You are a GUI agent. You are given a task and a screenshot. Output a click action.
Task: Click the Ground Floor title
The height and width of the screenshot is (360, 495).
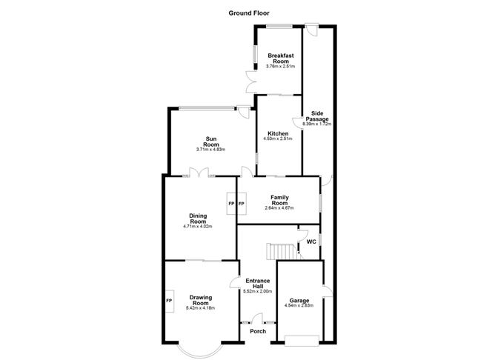(249, 13)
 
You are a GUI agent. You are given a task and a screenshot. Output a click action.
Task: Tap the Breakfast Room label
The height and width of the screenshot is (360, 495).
(281, 59)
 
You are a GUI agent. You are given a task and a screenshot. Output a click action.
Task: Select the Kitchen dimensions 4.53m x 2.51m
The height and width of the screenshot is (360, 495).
(278, 139)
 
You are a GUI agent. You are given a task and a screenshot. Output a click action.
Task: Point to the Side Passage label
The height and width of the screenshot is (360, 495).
(317, 116)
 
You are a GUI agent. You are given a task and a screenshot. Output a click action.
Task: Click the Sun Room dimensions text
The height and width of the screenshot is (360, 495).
(210, 150)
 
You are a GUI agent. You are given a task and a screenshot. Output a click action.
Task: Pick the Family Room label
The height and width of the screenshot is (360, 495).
(279, 200)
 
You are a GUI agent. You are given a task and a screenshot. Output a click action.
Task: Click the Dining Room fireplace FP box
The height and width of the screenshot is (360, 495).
(231, 204)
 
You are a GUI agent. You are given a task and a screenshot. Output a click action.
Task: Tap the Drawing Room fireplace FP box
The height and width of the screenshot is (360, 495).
(169, 301)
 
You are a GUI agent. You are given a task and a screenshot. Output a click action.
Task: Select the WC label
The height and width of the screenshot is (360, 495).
(311, 242)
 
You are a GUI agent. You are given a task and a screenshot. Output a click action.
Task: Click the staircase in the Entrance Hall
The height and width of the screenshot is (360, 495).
(282, 251)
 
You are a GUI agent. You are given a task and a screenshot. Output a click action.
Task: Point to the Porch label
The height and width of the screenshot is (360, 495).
(258, 331)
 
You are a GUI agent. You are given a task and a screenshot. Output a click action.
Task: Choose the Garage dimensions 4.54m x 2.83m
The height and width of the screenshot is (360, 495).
(299, 305)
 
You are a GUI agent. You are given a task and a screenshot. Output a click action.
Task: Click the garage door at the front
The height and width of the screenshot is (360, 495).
(302, 341)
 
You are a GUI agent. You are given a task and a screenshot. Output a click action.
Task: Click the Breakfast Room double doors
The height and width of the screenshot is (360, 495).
(252, 81)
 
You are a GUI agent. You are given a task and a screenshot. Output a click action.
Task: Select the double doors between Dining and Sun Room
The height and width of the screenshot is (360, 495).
(199, 173)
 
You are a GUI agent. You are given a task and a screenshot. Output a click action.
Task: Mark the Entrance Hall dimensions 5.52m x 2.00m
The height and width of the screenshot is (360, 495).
(258, 291)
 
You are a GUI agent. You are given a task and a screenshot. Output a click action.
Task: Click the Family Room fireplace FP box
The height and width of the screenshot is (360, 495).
(242, 204)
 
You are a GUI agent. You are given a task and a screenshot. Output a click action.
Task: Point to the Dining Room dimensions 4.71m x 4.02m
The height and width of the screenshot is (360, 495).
(198, 226)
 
